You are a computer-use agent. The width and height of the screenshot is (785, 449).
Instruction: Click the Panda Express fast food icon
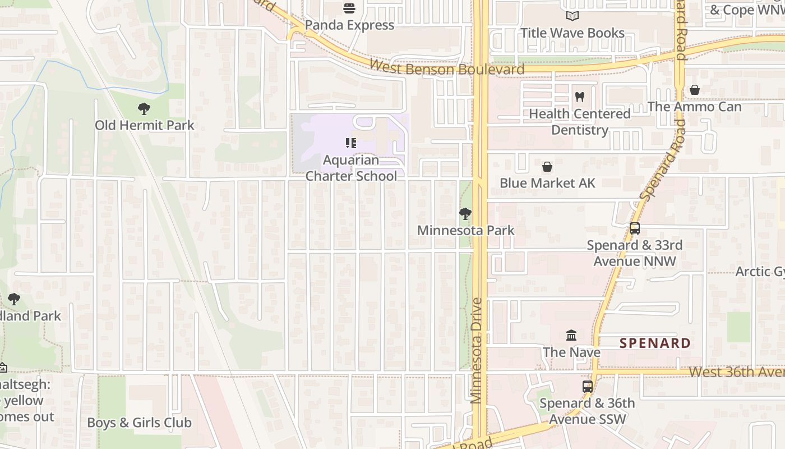(x=349, y=8)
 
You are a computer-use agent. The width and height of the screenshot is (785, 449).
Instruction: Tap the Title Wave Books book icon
(x=572, y=16)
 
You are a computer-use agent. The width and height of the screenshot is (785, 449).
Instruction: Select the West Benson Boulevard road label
(x=447, y=68)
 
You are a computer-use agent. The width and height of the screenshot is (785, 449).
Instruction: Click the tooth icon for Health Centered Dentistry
(x=580, y=97)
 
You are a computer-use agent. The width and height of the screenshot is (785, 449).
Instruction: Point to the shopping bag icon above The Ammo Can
(x=694, y=90)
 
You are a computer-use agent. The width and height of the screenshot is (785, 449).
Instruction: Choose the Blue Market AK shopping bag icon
(x=547, y=167)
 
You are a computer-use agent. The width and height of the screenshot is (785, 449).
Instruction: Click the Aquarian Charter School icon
(x=351, y=143)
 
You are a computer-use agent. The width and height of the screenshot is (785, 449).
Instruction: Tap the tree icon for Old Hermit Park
(x=144, y=108)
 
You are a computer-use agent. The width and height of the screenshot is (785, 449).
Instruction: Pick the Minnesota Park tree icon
(x=465, y=213)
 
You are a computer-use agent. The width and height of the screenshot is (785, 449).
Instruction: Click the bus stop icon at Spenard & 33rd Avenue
(x=634, y=228)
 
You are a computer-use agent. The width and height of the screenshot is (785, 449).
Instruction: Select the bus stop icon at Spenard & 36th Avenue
(x=587, y=386)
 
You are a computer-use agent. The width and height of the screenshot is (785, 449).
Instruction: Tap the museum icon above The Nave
(x=571, y=336)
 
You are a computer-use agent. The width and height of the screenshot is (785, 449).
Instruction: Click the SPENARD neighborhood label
(x=655, y=343)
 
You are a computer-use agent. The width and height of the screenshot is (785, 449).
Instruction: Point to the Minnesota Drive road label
(x=477, y=351)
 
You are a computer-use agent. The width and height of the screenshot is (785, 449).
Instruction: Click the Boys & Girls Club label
(x=139, y=423)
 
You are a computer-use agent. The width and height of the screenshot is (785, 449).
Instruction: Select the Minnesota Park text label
(x=465, y=230)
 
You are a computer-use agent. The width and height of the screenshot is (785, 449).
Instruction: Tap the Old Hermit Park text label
(x=144, y=125)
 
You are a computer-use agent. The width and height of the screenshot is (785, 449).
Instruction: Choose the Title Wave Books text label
(x=572, y=33)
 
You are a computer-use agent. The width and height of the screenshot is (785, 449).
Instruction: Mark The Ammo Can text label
(x=694, y=107)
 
